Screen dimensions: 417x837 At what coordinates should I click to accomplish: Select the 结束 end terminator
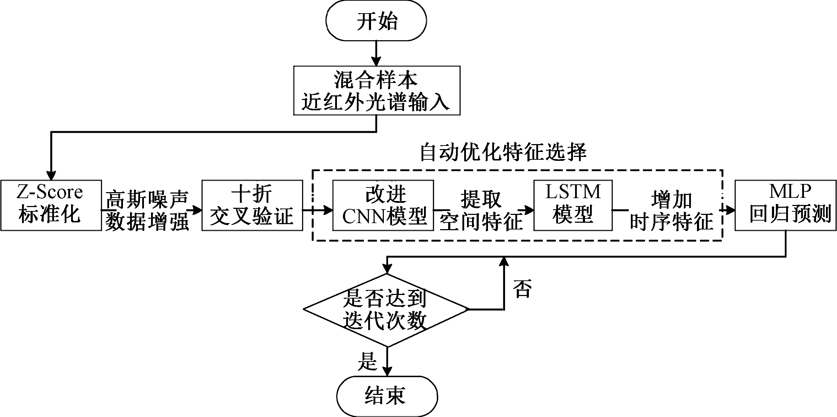click(x=387, y=396)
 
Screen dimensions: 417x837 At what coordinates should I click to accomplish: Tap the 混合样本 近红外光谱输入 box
click(x=377, y=90)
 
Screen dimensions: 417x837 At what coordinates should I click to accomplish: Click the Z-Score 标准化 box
click(x=51, y=205)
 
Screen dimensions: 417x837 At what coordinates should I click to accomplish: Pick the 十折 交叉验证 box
click(x=252, y=205)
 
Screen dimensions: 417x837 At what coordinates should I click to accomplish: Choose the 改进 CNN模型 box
click(x=383, y=205)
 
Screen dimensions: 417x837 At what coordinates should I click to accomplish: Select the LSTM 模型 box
click(x=573, y=205)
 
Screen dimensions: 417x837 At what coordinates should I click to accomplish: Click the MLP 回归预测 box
click(x=786, y=205)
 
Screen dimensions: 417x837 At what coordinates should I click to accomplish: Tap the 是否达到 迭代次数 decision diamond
click(x=386, y=310)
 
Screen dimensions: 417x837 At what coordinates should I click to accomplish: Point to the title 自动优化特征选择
click(x=503, y=153)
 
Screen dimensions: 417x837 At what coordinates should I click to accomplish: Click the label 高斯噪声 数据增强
click(x=147, y=210)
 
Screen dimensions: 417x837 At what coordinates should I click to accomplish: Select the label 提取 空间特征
click(x=482, y=210)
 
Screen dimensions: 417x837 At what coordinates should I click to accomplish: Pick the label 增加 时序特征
click(x=671, y=210)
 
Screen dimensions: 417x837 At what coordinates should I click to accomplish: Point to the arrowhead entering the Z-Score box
click(x=52, y=175)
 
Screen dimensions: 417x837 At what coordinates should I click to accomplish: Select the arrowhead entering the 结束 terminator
click(x=387, y=371)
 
